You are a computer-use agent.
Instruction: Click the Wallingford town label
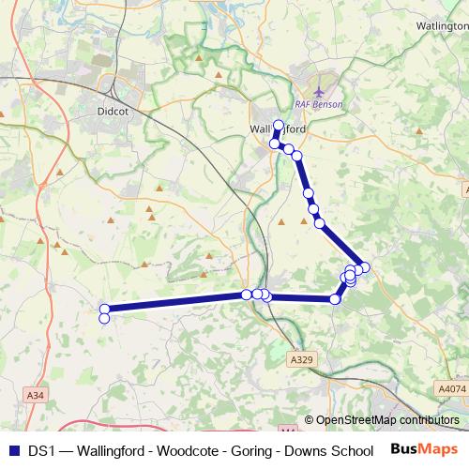click(274, 130)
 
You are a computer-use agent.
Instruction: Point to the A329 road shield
click(301, 360)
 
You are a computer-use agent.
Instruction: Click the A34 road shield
click(36, 396)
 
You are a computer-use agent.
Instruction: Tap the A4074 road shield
click(450, 386)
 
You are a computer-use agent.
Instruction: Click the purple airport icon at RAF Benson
click(321, 92)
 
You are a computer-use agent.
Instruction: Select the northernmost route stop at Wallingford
click(279, 125)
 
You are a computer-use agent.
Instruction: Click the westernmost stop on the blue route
click(104, 310)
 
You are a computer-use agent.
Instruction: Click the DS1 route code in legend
click(40, 450)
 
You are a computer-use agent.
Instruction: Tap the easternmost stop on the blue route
click(365, 267)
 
